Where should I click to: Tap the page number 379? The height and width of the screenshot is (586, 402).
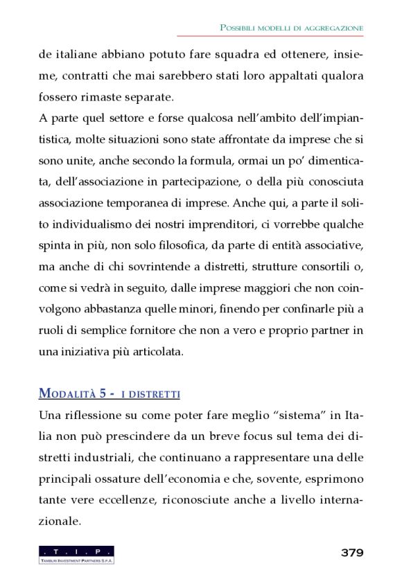coord(351,552)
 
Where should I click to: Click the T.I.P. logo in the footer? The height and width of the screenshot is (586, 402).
coord(76,554)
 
